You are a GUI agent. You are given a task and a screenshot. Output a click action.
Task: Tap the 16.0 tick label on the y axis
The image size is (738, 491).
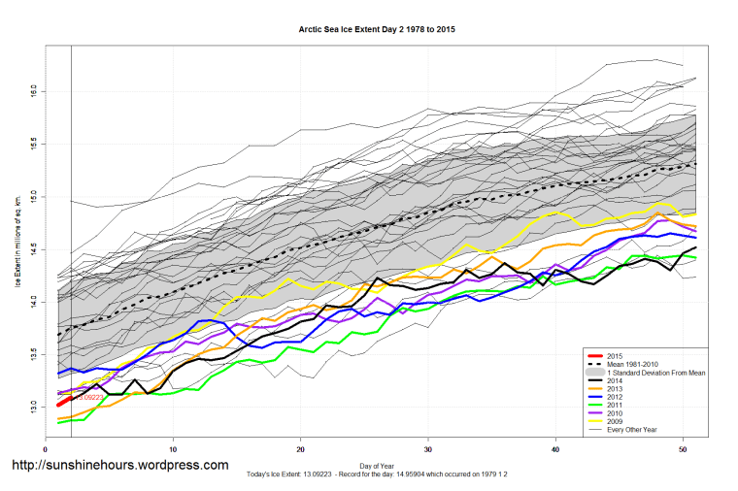35,90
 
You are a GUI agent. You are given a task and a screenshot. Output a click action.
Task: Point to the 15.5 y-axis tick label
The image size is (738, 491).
35,143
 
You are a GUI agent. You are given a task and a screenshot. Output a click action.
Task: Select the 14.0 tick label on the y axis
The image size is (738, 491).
35,300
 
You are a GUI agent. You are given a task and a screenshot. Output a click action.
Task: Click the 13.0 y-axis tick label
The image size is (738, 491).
35,405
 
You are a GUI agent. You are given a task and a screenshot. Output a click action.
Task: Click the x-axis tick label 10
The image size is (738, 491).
173,448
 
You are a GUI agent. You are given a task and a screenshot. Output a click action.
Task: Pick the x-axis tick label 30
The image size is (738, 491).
428,448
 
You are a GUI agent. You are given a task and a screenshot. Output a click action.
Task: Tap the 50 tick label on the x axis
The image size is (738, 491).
683,448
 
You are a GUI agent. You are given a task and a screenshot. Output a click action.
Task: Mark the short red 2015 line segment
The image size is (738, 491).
65,401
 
